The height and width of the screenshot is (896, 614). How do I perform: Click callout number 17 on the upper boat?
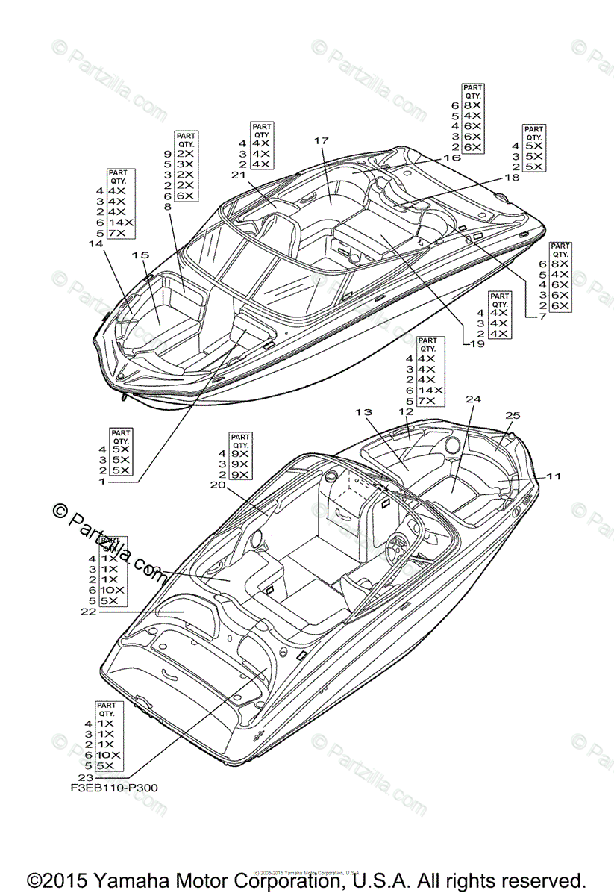[x=322, y=140]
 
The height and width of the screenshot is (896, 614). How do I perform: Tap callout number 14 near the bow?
[x=95, y=244]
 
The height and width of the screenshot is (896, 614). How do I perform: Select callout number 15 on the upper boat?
[x=140, y=255]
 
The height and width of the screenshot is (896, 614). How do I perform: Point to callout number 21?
[x=239, y=175]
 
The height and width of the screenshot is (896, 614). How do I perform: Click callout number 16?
[x=452, y=158]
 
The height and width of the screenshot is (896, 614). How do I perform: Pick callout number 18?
[x=512, y=178]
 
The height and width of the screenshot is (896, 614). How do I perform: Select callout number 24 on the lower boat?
[x=473, y=399]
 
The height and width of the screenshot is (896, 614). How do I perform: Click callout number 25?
[x=513, y=415]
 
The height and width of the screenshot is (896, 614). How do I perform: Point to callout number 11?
[x=553, y=476]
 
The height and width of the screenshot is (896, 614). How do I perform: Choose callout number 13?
[x=363, y=412]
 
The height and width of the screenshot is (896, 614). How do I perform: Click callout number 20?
[x=218, y=485]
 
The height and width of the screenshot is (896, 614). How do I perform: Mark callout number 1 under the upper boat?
[x=102, y=482]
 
